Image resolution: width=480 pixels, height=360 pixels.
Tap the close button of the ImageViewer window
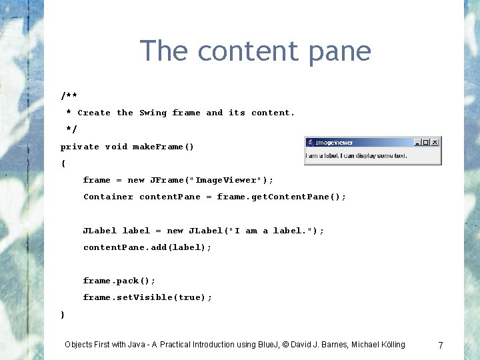coord(435,142)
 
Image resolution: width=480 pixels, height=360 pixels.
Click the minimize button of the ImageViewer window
coord(418,142)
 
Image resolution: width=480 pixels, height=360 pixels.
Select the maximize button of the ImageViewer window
coord(426,142)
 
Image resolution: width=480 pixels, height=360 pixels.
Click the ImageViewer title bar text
coord(334,143)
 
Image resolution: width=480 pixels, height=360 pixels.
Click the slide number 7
coord(440,345)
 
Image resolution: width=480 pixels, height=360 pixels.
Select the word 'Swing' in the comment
coord(153,113)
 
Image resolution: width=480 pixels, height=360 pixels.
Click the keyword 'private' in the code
coord(80,147)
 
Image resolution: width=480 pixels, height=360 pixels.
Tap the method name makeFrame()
coord(163,147)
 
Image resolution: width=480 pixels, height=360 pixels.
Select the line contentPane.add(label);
coord(147,247)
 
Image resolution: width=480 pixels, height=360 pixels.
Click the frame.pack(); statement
coord(119,281)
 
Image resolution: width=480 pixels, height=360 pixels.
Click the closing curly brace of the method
coord(63,314)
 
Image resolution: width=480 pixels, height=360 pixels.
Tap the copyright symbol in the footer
coord(285,345)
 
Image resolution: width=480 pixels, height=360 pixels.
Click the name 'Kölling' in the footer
coord(390,345)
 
